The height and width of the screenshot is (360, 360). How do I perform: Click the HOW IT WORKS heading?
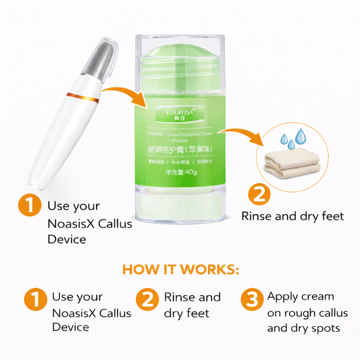point(180,269)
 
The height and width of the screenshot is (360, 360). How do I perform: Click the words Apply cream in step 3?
point(290,297)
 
